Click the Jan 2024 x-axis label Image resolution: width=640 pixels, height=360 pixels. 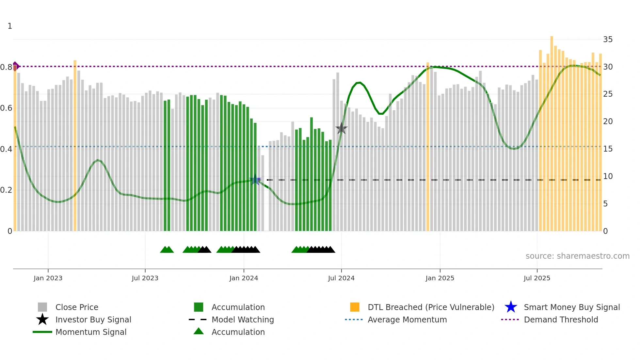point(244,278)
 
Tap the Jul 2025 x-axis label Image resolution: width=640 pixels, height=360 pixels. point(537,278)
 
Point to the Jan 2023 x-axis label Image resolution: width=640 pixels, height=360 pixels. point(48,278)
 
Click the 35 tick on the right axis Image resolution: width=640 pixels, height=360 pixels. point(608,40)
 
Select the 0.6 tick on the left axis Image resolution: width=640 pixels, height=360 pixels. point(6,108)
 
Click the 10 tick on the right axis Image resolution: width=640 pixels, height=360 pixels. point(608,176)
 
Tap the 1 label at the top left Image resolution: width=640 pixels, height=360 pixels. point(10,26)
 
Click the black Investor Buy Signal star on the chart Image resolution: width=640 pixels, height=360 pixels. point(341,128)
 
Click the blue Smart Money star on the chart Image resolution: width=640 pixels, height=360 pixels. point(255,180)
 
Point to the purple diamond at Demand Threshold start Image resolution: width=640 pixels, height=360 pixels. point(15,66)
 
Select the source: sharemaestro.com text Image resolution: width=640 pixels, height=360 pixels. point(577,256)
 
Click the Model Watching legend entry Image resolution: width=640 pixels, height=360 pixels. point(242,319)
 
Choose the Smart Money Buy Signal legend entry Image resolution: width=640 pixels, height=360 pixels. point(571,307)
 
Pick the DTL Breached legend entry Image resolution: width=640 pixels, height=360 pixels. point(430,307)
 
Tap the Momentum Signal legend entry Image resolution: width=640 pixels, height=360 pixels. point(91,332)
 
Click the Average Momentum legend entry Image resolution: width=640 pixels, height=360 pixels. point(407,319)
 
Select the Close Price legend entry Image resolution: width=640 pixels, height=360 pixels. point(77,307)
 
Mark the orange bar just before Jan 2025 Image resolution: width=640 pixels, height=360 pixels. point(428,147)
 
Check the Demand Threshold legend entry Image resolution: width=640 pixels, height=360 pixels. point(561,319)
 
